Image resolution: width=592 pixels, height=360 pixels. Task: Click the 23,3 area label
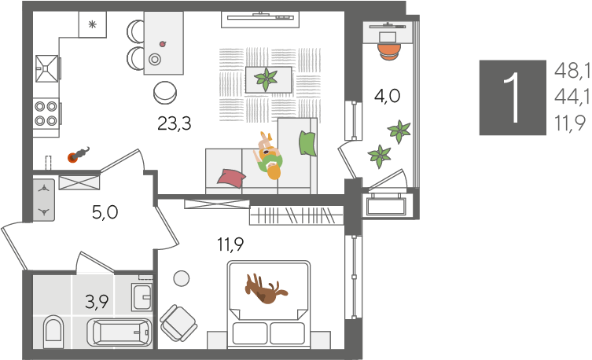[x=174, y=123]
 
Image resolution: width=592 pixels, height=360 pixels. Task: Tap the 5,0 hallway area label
[x=105, y=212]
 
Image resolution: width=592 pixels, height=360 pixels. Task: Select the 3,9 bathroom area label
[x=97, y=302]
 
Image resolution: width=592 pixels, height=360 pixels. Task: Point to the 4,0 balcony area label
[x=387, y=96]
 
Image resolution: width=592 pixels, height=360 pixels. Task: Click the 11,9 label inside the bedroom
[x=230, y=244]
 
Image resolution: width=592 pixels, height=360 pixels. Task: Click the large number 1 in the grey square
[x=513, y=97]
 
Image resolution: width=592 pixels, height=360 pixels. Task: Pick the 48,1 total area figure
[x=572, y=71]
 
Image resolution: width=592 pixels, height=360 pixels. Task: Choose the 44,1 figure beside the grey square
[x=572, y=97]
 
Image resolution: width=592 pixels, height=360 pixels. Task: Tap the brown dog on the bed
[x=265, y=289]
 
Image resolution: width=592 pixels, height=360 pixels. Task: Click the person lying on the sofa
[x=270, y=156]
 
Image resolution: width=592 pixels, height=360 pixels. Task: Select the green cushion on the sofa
[x=307, y=143]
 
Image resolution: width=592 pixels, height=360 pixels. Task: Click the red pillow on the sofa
[x=231, y=178]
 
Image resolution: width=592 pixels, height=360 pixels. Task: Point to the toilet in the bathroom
[x=53, y=332]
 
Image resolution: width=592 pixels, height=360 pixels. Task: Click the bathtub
[x=120, y=332]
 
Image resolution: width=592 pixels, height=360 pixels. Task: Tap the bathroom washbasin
[x=142, y=297]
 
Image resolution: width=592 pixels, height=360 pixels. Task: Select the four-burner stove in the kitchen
[x=46, y=113]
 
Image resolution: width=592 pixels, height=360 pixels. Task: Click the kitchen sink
[x=47, y=68]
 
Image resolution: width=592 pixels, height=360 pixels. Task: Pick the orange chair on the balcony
[x=389, y=52]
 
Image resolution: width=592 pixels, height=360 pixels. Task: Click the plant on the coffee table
[x=267, y=79]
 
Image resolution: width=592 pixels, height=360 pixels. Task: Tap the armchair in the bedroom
[x=178, y=323]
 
